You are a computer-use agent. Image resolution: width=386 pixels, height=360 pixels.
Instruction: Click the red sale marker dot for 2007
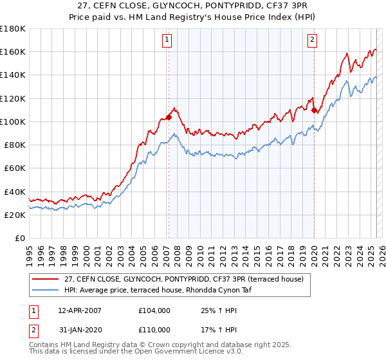click(169, 117)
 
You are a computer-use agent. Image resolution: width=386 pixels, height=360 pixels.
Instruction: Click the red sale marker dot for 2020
click(314, 110)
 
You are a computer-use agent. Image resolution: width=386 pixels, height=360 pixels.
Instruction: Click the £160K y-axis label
click(12, 51)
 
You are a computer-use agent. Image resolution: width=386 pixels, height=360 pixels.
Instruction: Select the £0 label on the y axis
click(20, 239)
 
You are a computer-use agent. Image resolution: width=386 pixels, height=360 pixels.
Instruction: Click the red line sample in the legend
click(46, 278)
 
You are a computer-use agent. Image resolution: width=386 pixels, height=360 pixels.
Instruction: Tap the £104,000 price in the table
click(154, 310)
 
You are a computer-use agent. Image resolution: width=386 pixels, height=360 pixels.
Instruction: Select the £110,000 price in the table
click(154, 329)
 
